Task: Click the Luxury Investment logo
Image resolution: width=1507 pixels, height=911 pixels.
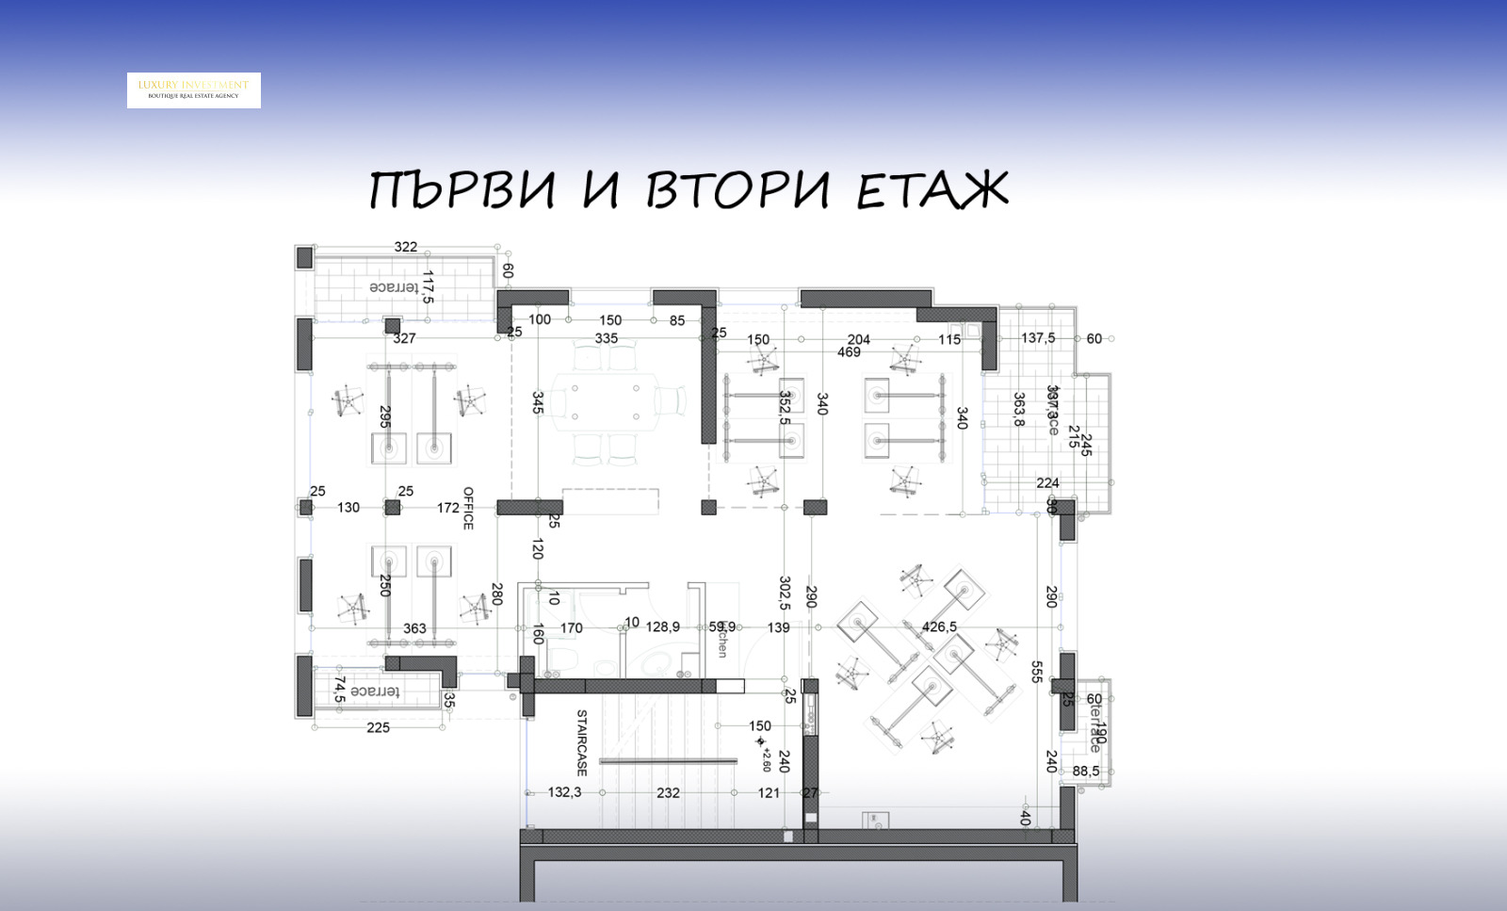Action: [x=194, y=90]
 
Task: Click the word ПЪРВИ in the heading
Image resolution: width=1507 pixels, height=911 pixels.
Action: [x=462, y=190]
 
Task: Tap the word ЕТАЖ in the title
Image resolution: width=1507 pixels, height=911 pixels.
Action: [x=932, y=190]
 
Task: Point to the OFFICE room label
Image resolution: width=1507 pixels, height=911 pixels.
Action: [x=468, y=508]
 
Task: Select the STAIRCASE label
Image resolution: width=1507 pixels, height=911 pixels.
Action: [x=581, y=742]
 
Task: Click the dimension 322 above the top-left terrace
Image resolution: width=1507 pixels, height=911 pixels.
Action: [x=406, y=247]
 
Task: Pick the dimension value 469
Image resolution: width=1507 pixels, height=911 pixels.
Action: [x=849, y=352]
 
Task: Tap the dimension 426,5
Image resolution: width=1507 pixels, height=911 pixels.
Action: [x=939, y=626]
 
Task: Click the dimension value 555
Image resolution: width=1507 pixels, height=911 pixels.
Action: [x=1036, y=671]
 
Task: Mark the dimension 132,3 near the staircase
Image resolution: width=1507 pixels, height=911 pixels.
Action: [x=565, y=792]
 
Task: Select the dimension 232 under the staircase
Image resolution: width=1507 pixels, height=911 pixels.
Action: [x=668, y=793]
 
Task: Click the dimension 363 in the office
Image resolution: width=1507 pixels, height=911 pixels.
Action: [x=414, y=628]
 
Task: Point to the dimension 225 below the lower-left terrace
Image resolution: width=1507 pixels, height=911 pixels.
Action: [x=378, y=727]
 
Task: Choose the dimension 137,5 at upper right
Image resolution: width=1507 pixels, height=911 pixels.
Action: [x=1038, y=338]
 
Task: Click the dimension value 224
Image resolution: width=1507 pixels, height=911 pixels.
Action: [x=1047, y=483]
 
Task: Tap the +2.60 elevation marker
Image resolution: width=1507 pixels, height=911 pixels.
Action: [x=764, y=754]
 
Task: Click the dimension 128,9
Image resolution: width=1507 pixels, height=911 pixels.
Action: [x=663, y=626]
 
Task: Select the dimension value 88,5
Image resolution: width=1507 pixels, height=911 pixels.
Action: [x=1086, y=771]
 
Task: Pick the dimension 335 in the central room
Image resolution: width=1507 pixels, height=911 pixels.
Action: [x=607, y=338]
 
